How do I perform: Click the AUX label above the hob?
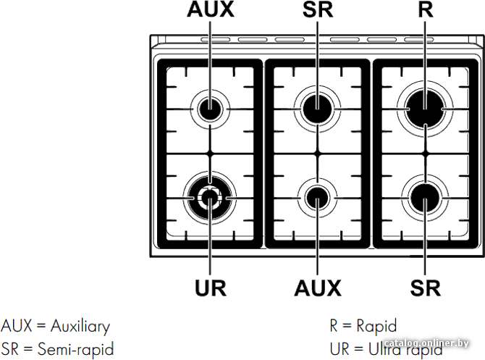pos(211,9)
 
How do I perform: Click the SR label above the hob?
pos(318,9)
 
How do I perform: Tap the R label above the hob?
pos(426,9)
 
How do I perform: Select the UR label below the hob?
pos(211,288)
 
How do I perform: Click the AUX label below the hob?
pos(318,288)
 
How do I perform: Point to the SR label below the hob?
pos(426,288)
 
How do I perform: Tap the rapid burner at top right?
pos(425,109)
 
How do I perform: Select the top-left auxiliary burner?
pos(210,109)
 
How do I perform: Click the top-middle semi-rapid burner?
pos(317,109)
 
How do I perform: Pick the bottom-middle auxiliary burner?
pos(317,198)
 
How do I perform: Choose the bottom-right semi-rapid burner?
pos(425,198)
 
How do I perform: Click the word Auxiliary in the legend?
pos(80,327)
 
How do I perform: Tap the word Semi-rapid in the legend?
pos(76,349)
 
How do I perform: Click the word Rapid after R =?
pos(376,326)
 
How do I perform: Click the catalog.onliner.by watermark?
pos(427,343)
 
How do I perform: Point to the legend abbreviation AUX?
pos(17,326)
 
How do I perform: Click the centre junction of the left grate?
pos(210,154)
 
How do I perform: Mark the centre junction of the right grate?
pos(426,154)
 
